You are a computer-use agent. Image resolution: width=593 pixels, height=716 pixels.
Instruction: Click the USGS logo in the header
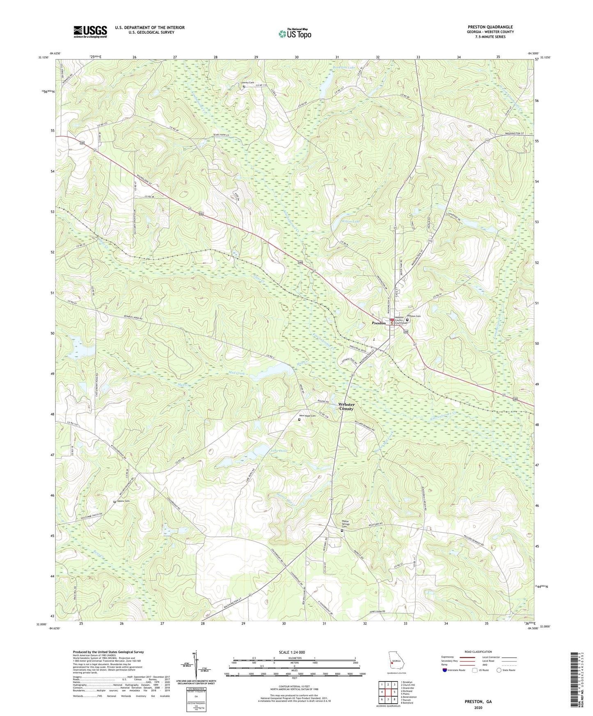coord(90,31)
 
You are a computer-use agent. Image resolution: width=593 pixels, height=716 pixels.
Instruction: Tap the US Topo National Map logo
coord(295,34)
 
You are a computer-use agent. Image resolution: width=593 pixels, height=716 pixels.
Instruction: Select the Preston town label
coord(378,323)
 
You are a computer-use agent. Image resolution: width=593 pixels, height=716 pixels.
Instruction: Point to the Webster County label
coord(346,406)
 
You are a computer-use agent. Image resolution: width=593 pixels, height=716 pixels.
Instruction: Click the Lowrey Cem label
coord(247,83)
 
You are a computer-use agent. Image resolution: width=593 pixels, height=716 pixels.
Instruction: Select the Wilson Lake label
coord(350,221)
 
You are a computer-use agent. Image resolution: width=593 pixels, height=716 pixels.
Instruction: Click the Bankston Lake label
coord(343,67)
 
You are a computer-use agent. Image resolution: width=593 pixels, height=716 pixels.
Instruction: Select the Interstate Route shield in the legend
coord(446,670)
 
